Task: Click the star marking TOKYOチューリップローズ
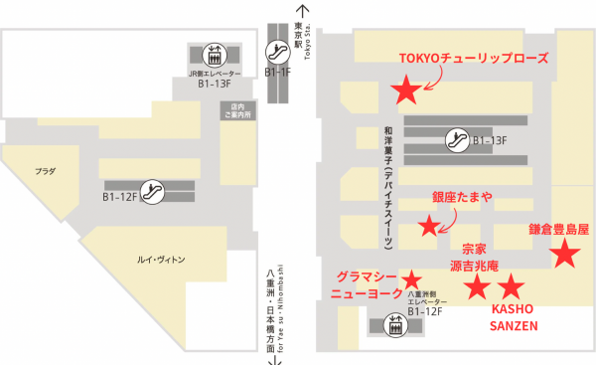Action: coord(405,91)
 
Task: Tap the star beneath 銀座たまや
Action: coord(428,226)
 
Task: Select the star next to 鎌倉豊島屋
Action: coord(564,255)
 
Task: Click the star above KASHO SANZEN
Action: coord(510,287)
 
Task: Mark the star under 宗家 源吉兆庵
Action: coord(478,287)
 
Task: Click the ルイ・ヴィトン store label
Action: coord(161,260)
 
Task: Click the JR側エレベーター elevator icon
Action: coord(216,54)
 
